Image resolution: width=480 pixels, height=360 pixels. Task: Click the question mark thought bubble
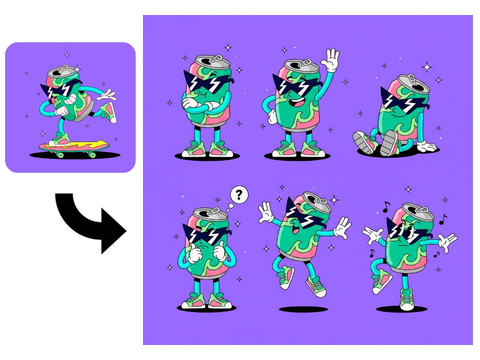pos(239,195)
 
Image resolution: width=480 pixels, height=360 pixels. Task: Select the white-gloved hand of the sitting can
pos(427,147)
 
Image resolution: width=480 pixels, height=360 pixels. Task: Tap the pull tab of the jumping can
pos(322,201)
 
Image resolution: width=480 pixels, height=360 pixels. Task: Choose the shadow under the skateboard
pos(75,155)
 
